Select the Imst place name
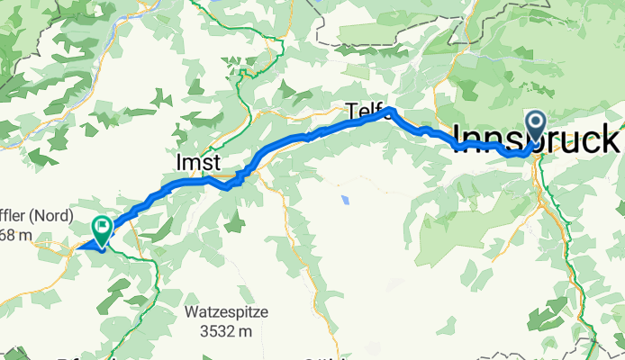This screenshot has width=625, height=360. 196,163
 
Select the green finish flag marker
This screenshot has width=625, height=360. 101,229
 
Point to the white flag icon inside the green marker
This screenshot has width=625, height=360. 101,228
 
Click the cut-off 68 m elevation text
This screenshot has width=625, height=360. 18,236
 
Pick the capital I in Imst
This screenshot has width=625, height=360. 177,163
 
